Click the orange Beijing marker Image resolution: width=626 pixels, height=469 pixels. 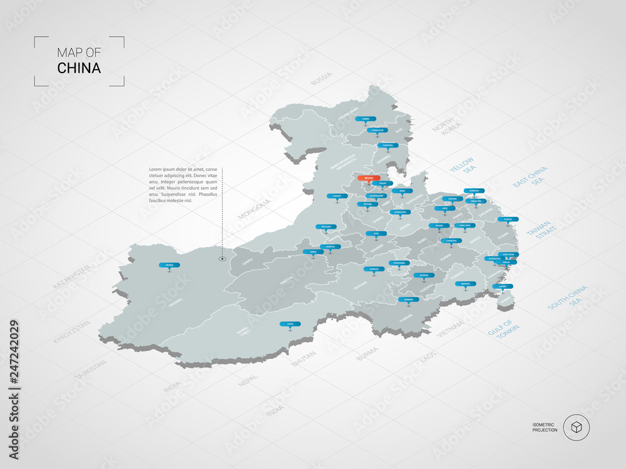click(x=369, y=178)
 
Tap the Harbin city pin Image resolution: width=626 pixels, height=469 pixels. click(x=366, y=119)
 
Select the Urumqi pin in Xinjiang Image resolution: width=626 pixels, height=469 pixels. click(x=169, y=266)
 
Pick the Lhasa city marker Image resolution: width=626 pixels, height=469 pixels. click(x=290, y=324)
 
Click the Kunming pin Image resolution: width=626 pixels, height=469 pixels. click(x=408, y=300)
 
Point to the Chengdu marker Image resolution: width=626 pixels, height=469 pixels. click(x=374, y=269)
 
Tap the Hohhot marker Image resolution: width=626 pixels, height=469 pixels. click(x=337, y=196)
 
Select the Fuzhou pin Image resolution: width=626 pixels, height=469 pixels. click(x=508, y=219)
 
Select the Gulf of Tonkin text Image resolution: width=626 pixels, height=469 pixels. click(x=500, y=330)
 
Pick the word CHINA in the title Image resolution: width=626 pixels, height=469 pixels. click(x=79, y=68)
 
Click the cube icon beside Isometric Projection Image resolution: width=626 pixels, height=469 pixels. click(x=576, y=428)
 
